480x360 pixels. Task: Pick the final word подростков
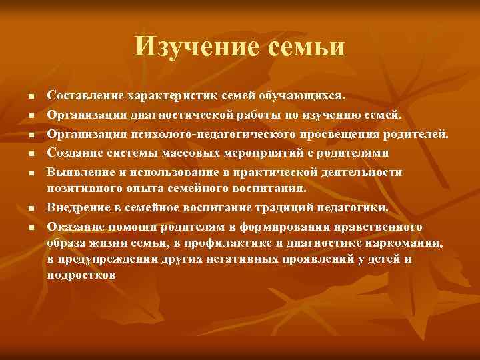[82, 273]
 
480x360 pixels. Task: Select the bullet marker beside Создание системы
[31, 155]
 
